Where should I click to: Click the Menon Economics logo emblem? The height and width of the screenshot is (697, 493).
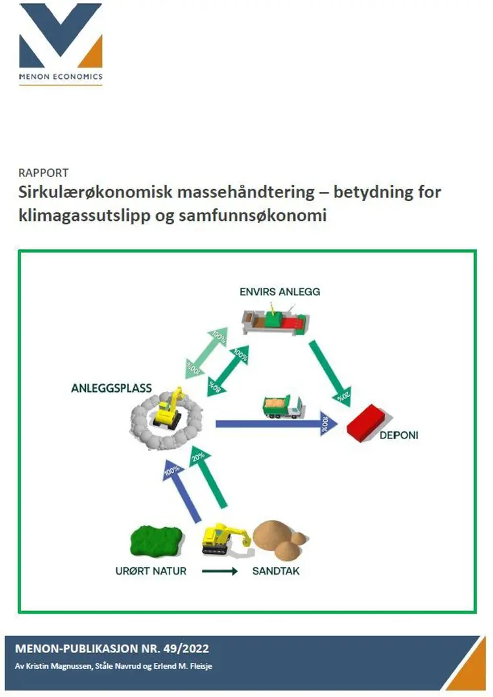pos(61,36)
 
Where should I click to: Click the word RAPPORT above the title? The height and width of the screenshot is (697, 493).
pos(44,173)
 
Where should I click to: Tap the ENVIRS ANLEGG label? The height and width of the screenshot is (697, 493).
pos(280,291)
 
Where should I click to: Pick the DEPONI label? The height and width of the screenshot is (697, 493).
pos(398,435)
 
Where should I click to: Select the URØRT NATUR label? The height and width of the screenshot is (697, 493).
pos(151,571)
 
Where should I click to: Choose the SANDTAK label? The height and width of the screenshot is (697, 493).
pos(275,571)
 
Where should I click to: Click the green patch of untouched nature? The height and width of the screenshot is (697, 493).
pos(156,541)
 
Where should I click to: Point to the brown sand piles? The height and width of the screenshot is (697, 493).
pos(279,539)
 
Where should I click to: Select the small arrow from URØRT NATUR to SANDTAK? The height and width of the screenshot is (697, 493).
pos(219,571)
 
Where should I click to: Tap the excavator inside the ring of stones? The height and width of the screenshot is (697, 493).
pos(167,411)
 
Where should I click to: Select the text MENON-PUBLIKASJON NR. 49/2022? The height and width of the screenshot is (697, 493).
pos(112,649)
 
